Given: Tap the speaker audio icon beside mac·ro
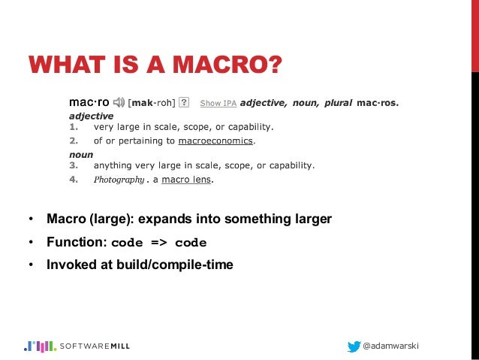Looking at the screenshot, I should coord(119,101).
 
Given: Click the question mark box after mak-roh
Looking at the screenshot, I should coord(185,101).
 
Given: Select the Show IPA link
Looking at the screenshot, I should coord(218,102).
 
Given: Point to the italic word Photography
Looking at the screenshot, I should coord(119,180).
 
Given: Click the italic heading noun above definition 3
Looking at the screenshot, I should coord(80,153).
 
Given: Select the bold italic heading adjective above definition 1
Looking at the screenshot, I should coord(91,116).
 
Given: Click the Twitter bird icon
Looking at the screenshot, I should coord(354,346).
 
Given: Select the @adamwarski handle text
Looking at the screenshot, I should coord(391,346).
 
